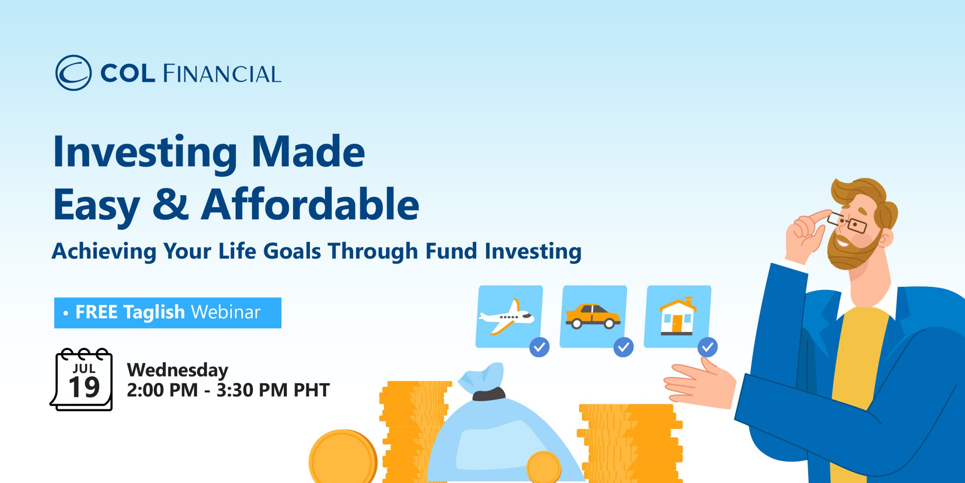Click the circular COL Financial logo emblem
point(74,73)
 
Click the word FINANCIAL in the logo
point(222,74)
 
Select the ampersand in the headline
point(171,204)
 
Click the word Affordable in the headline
point(310,204)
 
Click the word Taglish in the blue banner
point(154,313)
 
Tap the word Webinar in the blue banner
point(226,312)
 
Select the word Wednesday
point(178,370)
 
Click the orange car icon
point(593,316)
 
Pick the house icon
point(677,316)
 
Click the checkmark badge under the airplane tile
point(539,347)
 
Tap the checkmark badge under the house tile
point(708,347)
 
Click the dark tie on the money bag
point(489,394)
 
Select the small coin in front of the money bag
point(544,467)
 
